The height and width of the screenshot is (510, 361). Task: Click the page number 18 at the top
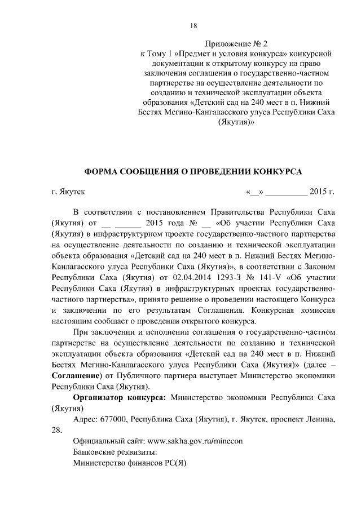(x=193, y=25)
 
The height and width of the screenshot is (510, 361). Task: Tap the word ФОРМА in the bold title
(x=102, y=170)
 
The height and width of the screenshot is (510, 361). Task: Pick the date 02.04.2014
(x=187, y=277)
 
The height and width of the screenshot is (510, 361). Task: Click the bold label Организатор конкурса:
(x=120, y=398)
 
